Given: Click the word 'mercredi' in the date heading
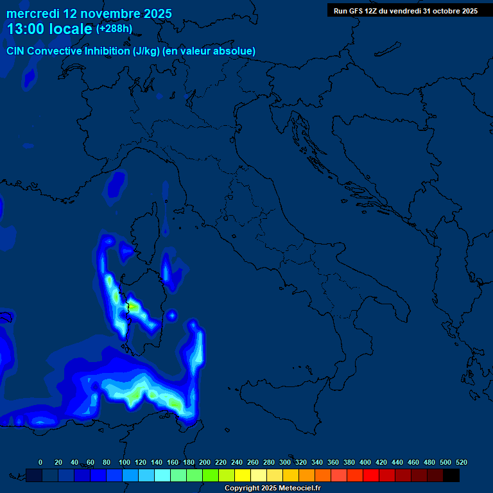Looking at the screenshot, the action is (33, 13).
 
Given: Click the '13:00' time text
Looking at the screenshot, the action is (26, 29).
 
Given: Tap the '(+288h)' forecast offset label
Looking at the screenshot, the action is (114, 29).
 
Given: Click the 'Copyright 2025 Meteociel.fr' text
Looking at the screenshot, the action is (272, 489).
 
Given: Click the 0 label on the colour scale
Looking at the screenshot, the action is (40, 462).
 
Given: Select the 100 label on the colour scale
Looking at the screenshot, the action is (125, 462).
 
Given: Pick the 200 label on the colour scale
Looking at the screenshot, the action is (205, 462).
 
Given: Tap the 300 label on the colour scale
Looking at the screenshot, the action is (285, 462).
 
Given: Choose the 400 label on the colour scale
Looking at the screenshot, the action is (365, 462).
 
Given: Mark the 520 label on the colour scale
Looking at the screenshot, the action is (461, 462).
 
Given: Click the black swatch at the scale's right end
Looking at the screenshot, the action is (451, 475).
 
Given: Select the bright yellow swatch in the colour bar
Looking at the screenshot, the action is (243, 475).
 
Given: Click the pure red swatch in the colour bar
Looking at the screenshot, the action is (371, 475).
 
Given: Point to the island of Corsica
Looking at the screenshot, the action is (145, 230).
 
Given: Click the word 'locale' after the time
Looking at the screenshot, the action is (69, 29).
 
